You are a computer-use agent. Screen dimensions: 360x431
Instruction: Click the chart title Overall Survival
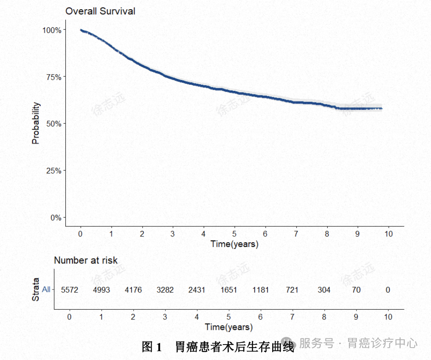pos(100,11)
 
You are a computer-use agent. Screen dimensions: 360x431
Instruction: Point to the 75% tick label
pos(52,77)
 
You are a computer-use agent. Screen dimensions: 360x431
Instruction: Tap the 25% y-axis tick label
pos(52,171)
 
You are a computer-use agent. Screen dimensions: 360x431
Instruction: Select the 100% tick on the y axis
pos(51,30)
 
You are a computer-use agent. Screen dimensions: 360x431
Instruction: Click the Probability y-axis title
pos(36,123)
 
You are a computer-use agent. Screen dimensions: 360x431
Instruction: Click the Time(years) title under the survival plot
pos(234,244)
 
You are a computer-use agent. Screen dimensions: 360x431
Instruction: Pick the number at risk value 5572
pos(69,290)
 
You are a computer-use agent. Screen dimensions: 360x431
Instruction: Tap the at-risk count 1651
pos(229,290)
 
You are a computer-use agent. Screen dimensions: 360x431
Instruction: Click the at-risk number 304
pos(324,290)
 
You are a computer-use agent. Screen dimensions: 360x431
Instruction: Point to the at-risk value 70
pos(356,290)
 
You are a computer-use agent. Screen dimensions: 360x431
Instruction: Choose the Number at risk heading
pos(86,260)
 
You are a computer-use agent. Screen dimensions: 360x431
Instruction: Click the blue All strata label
pos(46,289)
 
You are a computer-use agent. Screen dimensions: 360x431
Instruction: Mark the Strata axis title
pos(36,289)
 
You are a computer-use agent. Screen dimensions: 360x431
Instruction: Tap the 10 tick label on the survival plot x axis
pos(388,234)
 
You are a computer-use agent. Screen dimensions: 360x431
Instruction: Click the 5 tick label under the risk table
pos(229,317)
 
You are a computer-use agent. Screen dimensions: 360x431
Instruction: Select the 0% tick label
pos(54,217)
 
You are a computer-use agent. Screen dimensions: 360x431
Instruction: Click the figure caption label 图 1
pos(152,347)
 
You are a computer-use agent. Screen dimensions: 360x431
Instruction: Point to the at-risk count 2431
pos(197,290)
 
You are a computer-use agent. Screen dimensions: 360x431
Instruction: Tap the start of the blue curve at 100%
pos(81,30)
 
